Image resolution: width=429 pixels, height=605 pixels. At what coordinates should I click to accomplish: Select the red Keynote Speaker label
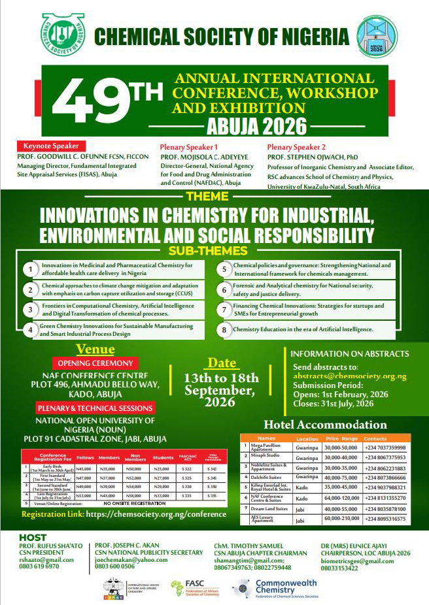(x=51, y=146)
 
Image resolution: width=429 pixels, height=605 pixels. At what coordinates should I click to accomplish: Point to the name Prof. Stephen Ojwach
(x=311, y=157)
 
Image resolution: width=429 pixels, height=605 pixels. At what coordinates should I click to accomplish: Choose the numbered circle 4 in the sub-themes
(x=30, y=330)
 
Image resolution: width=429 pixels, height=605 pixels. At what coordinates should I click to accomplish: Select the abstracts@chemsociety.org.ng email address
(x=349, y=376)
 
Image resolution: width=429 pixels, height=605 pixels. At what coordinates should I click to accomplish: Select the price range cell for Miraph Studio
(x=341, y=457)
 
